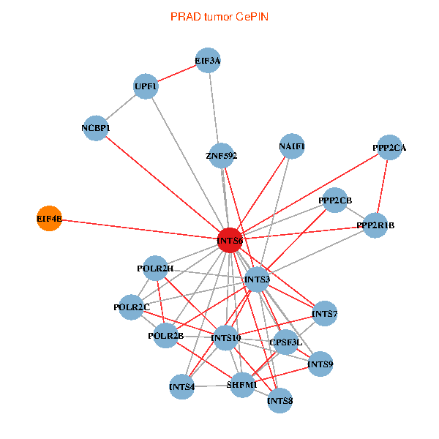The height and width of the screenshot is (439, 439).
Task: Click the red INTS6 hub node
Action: point(230,241)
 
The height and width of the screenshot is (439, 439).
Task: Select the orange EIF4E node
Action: point(49,218)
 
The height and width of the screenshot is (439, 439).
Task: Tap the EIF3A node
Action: point(208,61)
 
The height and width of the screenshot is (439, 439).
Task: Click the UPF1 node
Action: point(146,86)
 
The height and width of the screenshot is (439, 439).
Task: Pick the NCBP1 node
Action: point(96,128)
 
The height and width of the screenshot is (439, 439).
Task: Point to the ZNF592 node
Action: point(222,155)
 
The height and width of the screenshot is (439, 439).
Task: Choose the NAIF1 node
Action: point(292,146)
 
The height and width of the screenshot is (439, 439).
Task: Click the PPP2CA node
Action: point(389,148)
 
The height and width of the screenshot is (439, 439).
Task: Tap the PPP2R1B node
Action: point(375,225)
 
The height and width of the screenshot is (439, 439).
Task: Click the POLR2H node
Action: point(155,269)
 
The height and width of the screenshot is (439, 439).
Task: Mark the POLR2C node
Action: point(132,307)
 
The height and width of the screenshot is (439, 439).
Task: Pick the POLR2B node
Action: point(165,337)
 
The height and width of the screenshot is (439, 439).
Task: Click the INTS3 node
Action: point(258,279)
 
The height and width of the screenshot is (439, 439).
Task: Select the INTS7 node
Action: point(324,314)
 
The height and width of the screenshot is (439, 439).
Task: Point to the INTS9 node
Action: point(320,364)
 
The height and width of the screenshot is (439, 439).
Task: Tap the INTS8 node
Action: point(280,400)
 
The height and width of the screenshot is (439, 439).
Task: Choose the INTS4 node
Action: point(182,386)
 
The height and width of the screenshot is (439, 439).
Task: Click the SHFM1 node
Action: point(242,384)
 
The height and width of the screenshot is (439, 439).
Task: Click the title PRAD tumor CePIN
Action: point(219,16)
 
